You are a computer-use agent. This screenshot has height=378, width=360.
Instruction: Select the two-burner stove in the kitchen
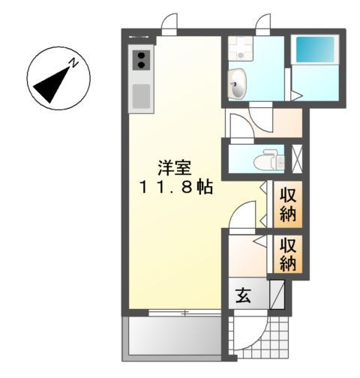click(x=140, y=60)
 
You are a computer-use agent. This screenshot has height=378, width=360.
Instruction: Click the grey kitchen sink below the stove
click(x=140, y=97)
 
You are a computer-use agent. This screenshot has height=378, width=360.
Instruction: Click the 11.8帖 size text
click(x=175, y=187)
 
